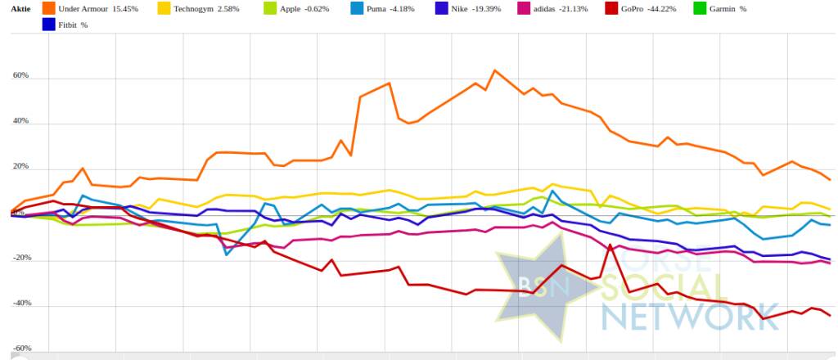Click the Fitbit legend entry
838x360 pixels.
click(72, 25)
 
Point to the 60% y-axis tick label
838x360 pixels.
click(20, 76)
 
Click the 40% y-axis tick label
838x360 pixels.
click(20, 122)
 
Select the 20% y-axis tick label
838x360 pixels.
click(20, 168)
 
